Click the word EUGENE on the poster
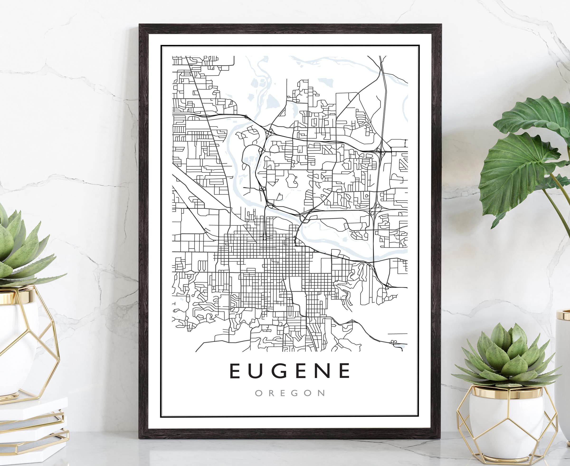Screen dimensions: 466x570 click(290, 371)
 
